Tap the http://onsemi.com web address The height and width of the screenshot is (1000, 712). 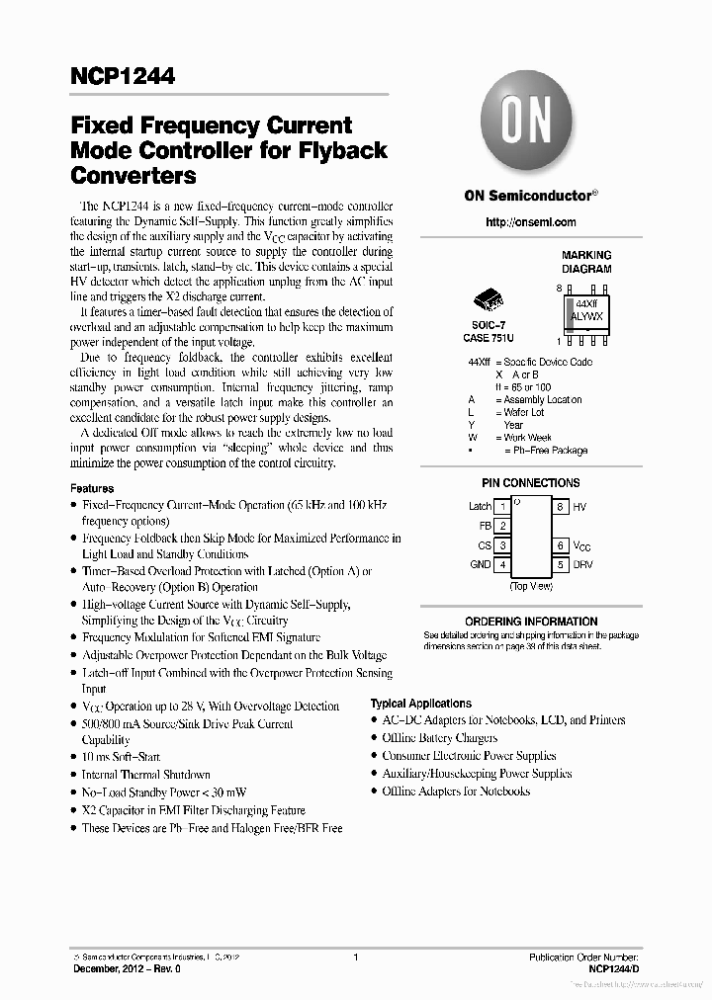click(x=530, y=222)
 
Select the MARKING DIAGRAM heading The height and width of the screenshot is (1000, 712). click(x=586, y=262)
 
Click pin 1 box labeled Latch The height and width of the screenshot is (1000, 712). click(x=502, y=507)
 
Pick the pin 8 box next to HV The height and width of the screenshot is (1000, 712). click(x=560, y=507)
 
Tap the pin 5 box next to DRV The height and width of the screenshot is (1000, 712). click(x=560, y=564)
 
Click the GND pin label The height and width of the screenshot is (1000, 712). click(x=481, y=565)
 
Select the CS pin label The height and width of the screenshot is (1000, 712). click(x=485, y=545)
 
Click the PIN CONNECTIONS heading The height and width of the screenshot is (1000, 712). click(x=530, y=483)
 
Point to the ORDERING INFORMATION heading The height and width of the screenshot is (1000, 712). click(x=530, y=622)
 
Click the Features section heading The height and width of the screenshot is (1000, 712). click(x=92, y=488)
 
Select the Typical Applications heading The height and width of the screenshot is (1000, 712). click(x=420, y=704)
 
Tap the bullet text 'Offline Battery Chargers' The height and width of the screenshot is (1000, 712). click(x=440, y=738)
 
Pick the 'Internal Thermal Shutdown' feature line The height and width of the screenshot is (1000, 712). click(x=145, y=775)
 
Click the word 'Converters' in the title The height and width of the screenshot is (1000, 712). click(x=133, y=177)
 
